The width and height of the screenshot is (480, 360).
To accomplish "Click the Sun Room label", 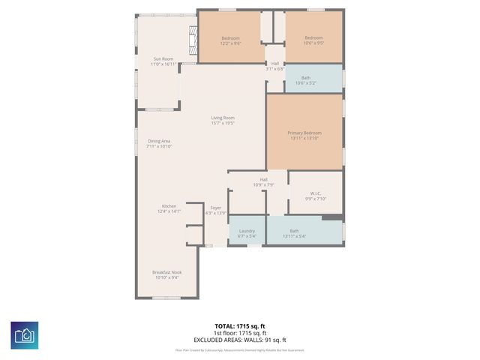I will pos(163,61).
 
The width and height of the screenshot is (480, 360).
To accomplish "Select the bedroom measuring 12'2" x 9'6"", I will pos(230,40).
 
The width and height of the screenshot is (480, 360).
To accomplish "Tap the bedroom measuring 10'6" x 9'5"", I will pos(313,40).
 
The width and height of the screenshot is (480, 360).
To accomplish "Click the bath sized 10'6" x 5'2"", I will pos(305,80).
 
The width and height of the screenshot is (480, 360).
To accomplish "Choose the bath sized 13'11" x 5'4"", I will pos(294,233).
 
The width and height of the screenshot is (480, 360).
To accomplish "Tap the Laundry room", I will pos(247,233).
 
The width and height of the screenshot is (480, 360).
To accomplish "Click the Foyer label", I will pos(216,211).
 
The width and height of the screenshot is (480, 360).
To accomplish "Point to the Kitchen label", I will pos(169,208).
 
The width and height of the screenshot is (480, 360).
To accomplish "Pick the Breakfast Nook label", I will pos(167,274).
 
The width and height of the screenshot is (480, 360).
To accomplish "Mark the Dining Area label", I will pos(159,143).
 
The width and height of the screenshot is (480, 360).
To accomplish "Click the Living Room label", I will pos(223,120).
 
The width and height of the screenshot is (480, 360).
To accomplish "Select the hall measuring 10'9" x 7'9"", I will pos(264,181).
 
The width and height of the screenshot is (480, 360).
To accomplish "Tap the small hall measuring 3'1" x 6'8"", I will pos(275,66).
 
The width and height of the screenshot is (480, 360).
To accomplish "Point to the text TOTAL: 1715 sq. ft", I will pos(240,325).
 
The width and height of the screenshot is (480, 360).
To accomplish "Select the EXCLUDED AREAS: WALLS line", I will pos(240,339).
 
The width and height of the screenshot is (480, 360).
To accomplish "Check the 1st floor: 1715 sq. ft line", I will pos(240,332).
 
